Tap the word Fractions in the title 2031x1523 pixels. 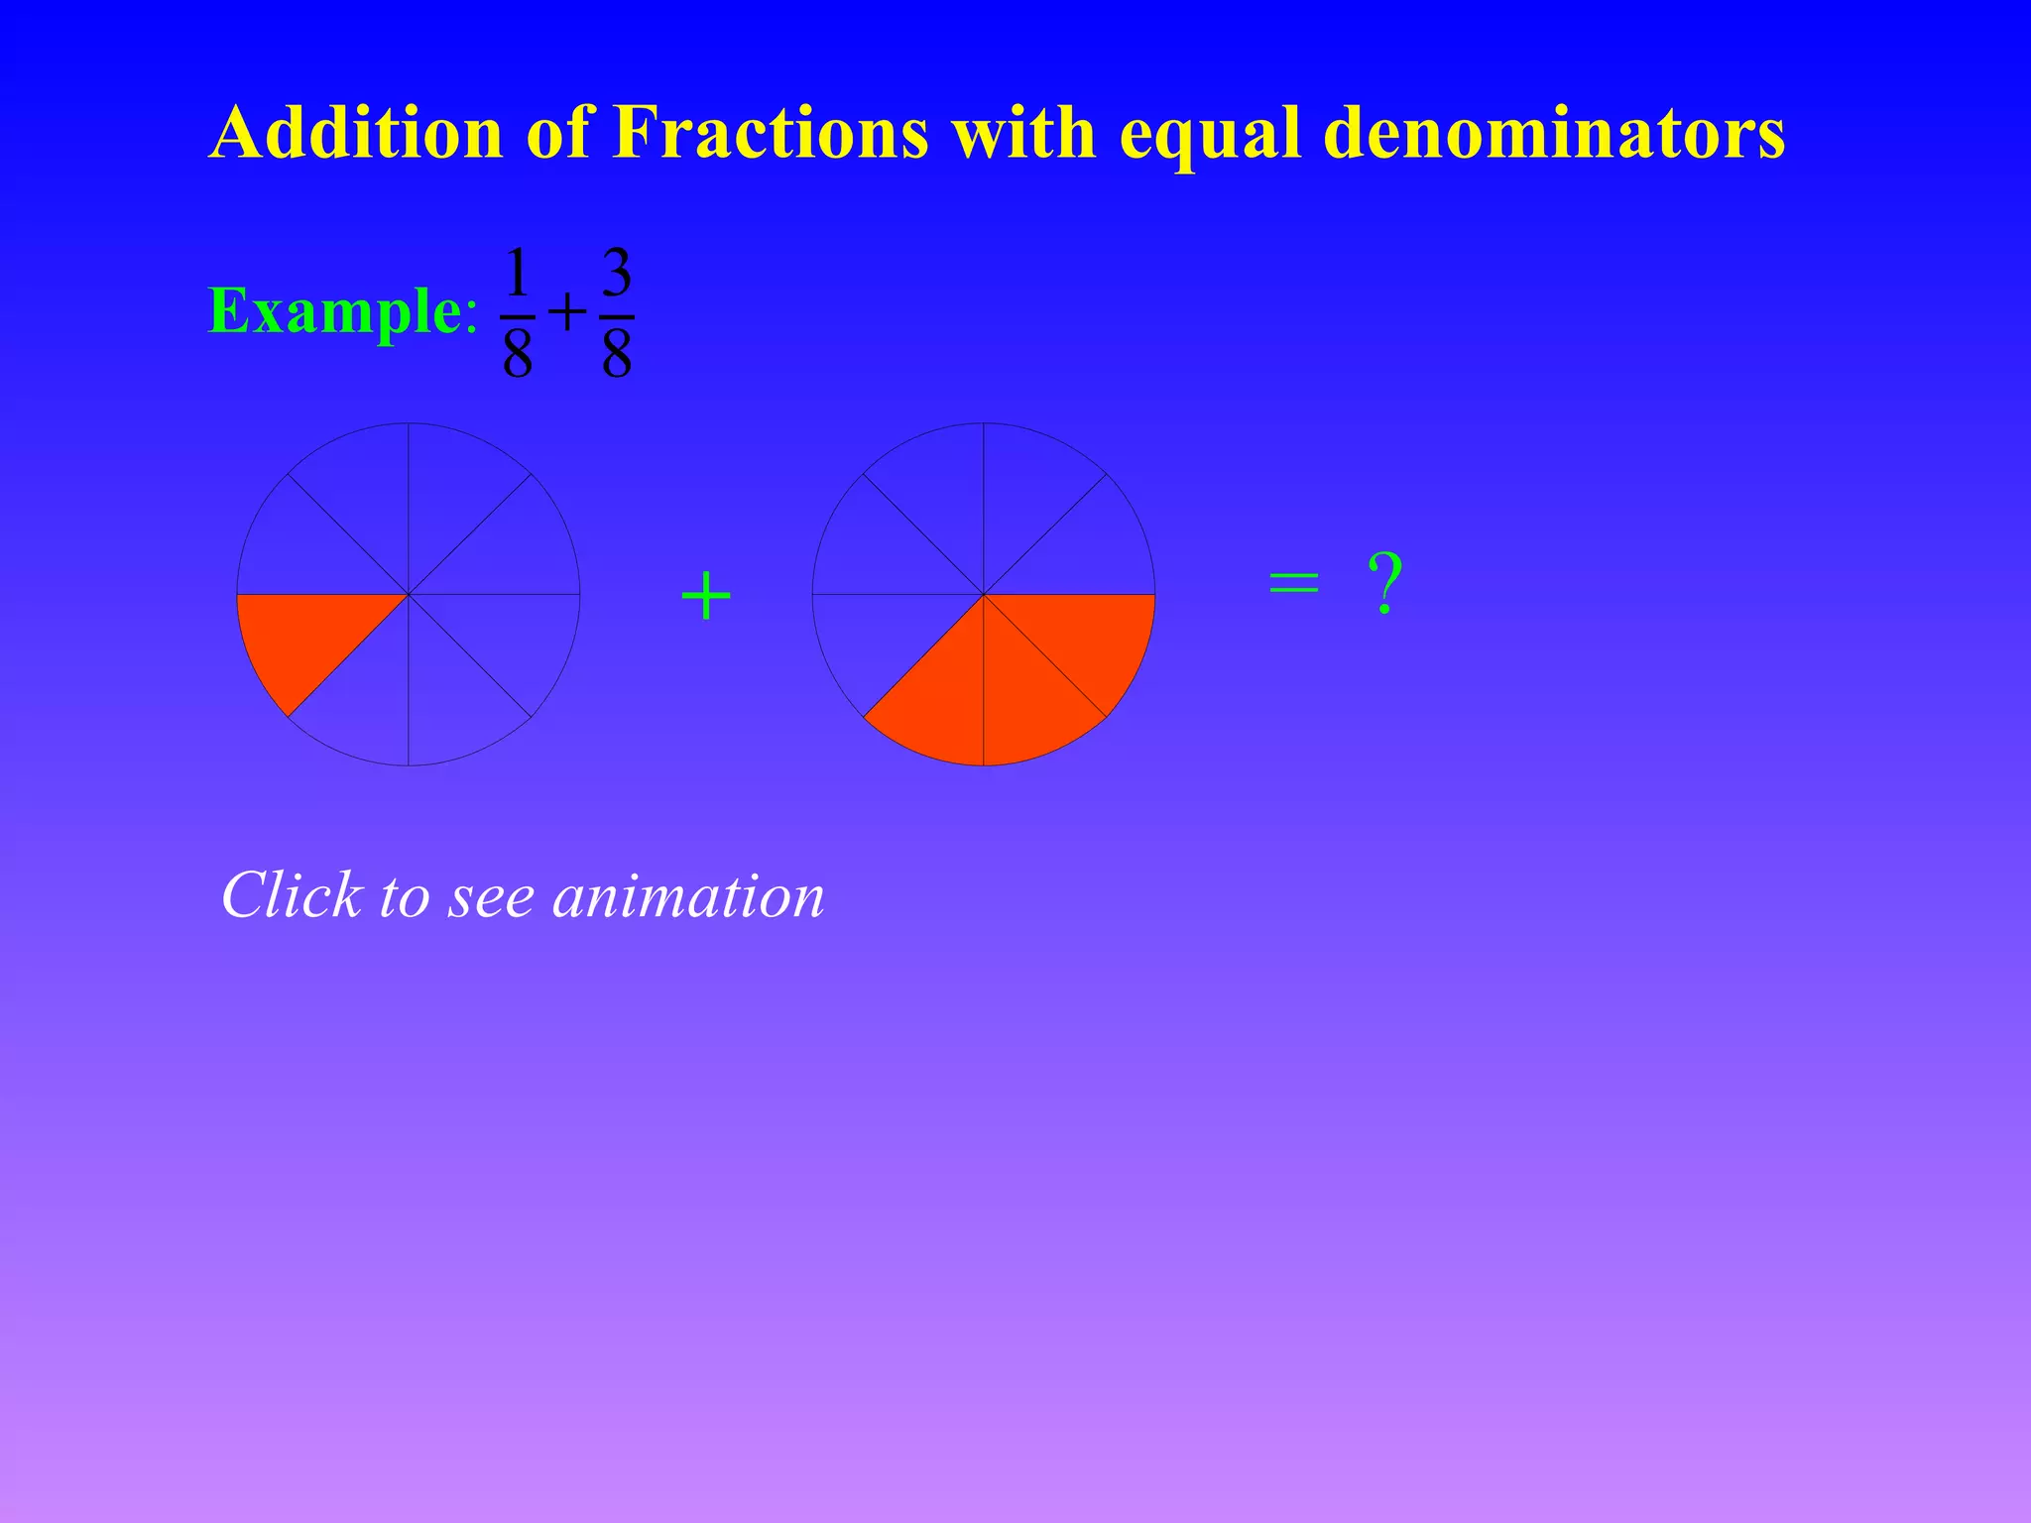click(771, 132)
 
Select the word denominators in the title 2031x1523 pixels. click(1554, 132)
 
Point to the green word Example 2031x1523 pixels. click(334, 311)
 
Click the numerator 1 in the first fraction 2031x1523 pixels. click(517, 274)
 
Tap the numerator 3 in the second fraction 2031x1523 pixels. click(617, 274)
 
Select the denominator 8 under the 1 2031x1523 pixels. click(518, 354)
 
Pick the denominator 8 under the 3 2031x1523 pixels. click(617, 354)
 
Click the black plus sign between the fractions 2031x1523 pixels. click(567, 314)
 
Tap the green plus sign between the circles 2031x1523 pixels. click(706, 597)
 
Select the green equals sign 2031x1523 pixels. click(1294, 583)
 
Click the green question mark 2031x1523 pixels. click(1384, 585)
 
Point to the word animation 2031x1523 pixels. click(688, 895)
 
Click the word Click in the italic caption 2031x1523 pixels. click(291, 895)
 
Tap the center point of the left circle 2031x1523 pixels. click(409, 595)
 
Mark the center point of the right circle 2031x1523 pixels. click(984, 595)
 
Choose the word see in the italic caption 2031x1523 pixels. click(492, 897)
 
